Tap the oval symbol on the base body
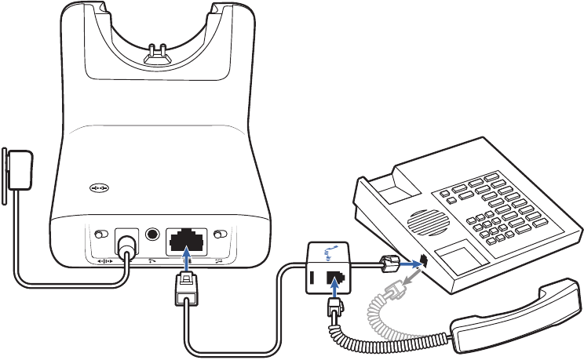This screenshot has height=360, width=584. (x=100, y=189)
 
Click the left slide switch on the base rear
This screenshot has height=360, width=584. (x=100, y=235)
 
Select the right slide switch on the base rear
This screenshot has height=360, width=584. (x=221, y=235)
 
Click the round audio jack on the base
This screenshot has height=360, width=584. (x=151, y=234)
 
